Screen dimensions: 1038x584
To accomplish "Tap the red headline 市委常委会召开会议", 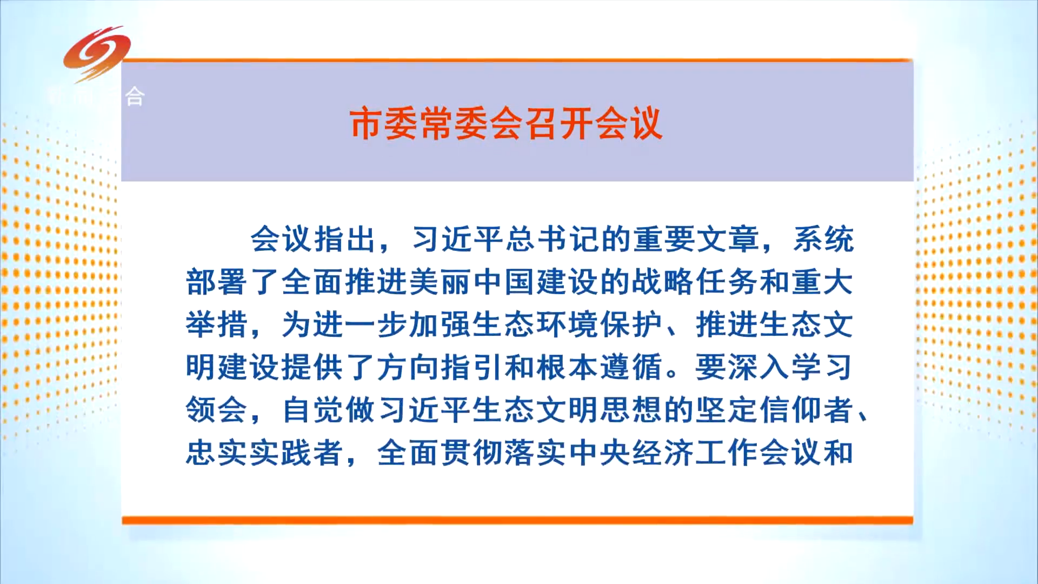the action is (506, 124).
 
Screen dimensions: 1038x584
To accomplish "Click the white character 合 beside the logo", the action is (135, 97).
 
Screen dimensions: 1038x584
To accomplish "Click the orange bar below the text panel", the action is (517, 520).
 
